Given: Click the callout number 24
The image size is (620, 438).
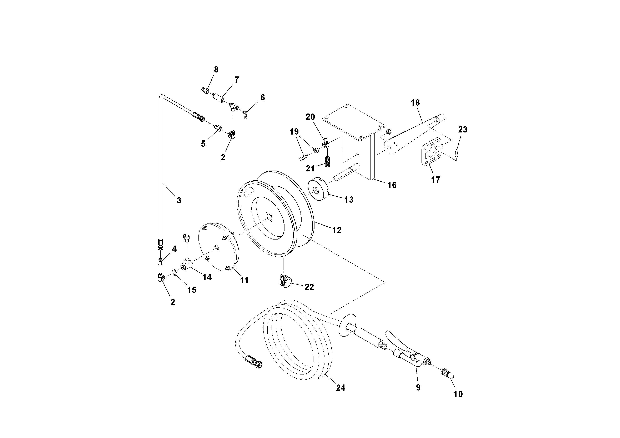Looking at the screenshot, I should pos(341,388).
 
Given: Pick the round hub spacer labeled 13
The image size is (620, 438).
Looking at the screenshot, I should pos(318,190).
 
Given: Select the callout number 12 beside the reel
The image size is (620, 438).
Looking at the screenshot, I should pos(337,230).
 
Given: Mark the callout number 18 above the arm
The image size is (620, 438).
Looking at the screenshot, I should pos(415,103).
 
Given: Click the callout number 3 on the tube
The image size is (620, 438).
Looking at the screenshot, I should pos(179,200).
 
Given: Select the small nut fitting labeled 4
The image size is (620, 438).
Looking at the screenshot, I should pos(160,261).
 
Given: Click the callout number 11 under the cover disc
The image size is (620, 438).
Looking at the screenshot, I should pos(244,280).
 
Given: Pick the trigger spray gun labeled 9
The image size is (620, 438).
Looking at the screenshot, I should pos(408,356).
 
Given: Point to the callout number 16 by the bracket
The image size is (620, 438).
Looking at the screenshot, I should pos(392,185).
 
